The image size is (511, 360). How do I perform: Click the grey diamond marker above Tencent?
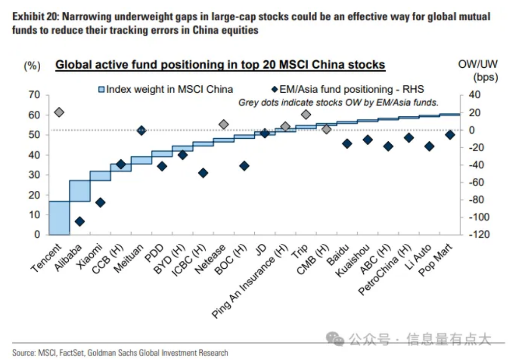point(59,112)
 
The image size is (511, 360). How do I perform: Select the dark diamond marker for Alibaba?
point(80,222)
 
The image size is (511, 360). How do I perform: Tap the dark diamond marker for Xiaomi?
point(100,203)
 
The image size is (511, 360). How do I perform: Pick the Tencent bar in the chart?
point(59,218)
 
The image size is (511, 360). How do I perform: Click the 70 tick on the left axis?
point(33,95)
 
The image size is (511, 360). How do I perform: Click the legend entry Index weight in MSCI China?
point(166,89)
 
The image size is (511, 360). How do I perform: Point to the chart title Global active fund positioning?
point(220,65)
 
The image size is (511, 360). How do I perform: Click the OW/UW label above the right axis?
point(478,65)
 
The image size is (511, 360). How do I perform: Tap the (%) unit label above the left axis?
point(32,66)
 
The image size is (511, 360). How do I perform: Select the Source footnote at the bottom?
point(120,352)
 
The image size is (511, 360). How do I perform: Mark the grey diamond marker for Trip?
point(306,114)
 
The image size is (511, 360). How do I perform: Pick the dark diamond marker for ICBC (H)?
point(203,173)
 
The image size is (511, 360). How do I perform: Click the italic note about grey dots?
point(338,103)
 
